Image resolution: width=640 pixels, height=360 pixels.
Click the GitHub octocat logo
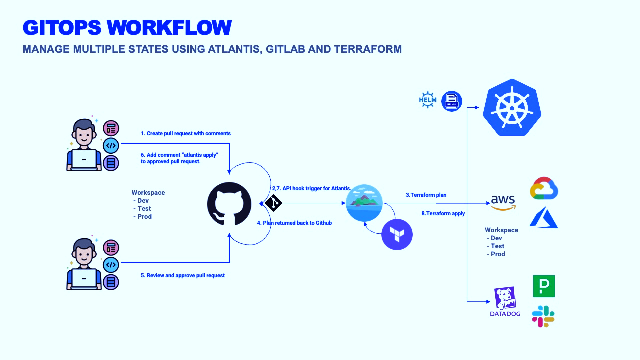[x=229, y=203]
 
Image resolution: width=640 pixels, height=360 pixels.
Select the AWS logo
[x=503, y=202]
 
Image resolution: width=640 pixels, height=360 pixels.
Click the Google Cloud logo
[x=544, y=188]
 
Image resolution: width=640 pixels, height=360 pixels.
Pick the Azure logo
[x=544, y=218]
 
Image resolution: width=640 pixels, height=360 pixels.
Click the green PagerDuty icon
[x=544, y=286]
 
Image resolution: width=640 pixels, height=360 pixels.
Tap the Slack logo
[x=543, y=316]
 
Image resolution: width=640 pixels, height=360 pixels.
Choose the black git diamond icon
[x=273, y=203]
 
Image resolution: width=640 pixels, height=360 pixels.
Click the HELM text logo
[x=427, y=100]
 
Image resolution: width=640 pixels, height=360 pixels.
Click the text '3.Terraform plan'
[x=426, y=195]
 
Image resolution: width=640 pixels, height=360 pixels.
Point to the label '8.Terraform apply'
[x=443, y=213]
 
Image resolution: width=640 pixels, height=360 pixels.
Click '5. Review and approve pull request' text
[x=183, y=275]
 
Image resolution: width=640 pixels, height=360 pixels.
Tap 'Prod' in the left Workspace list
[x=144, y=217]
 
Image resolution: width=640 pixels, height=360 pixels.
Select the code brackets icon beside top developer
[x=111, y=146]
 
